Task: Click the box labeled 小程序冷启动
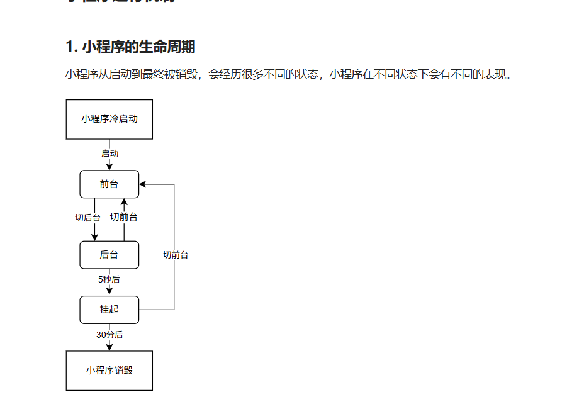coord(109,119)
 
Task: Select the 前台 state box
coord(109,184)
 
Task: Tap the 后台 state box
coord(109,255)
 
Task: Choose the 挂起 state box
coord(109,310)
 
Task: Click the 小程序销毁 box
coord(109,371)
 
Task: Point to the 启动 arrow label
coord(109,154)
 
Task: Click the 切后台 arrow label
coord(87,218)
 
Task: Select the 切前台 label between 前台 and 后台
coord(124,217)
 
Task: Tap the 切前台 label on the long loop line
coord(176,255)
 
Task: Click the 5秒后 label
coord(109,279)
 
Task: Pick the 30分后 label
coord(109,335)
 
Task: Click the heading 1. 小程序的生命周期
coord(130,47)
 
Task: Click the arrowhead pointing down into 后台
coord(95,237)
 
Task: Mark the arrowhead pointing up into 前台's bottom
coord(124,203)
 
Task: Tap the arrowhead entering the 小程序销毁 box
coord(109,347)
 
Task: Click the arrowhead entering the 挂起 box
coord(109,291)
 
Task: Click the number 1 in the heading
coord(69,47)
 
